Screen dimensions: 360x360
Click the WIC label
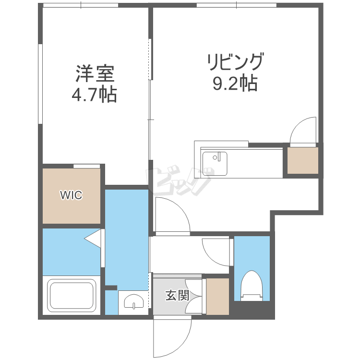71,195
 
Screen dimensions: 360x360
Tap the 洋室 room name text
95,74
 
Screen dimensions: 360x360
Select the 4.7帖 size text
95,95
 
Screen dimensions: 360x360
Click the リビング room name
235,61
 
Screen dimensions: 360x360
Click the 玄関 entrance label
177,295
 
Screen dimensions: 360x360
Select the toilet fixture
252,286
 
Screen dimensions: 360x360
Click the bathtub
72,295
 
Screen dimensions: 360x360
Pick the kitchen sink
215,164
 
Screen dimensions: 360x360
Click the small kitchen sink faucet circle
215,157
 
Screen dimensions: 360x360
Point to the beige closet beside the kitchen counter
302,160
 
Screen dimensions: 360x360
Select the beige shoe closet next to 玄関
217,297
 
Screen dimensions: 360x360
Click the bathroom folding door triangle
93,239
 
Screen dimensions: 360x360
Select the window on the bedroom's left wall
40,84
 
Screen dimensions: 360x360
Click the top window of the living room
237,5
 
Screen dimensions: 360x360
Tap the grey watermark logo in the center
179,180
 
